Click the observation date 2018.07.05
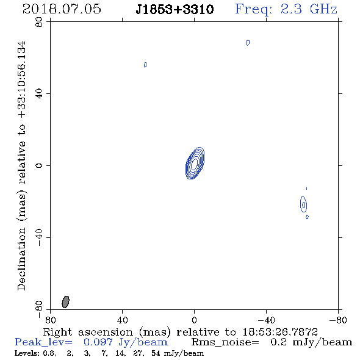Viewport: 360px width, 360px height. click(62, 9)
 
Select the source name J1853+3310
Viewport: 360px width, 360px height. click(175, 9)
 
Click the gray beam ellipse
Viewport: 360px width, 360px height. click(65, 302)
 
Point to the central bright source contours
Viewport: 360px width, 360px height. click(195, 164)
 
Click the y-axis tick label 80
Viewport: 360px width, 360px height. click(39, 22)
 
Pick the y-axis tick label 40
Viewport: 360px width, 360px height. click(39, 94)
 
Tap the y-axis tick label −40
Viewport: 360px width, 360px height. click(39, 237)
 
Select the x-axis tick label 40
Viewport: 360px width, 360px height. click(122, 320)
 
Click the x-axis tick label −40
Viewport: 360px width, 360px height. click(266, 320)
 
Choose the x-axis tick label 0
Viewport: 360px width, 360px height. click(194, 320)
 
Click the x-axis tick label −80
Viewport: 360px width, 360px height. click(338, 320)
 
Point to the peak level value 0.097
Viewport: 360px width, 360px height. click(98, 342)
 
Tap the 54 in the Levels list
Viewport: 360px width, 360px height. click(156, 353)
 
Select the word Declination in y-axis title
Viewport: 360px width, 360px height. click(21, 259)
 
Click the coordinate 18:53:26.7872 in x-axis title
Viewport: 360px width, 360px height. click(280, 332)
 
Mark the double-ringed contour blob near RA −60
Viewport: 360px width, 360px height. click(303, 204)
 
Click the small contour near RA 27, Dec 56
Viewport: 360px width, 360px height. click(145, 65)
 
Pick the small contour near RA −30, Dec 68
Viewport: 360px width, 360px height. click(248, 43)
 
